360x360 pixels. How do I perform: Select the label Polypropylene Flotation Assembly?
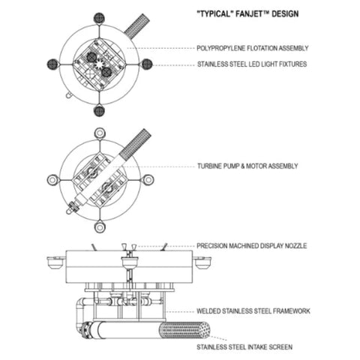click(252, 49)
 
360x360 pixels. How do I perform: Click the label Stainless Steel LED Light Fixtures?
click(251, 64)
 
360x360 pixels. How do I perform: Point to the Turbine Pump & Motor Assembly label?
click(247, 165)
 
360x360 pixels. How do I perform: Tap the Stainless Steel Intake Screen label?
click(244, 347)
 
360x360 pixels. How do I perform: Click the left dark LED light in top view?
click(52, 64)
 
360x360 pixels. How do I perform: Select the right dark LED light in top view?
click(147, 64)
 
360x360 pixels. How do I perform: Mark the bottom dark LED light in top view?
click(100, 111)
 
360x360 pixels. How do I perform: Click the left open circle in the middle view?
click(52, 180)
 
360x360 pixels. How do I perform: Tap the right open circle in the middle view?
click(148, 180)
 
